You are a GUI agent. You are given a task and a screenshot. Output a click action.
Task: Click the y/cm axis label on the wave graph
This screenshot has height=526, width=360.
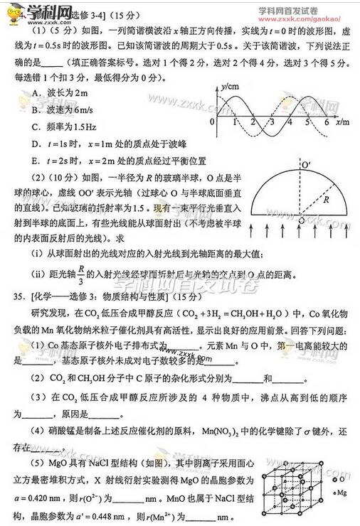tap(228, 87)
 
